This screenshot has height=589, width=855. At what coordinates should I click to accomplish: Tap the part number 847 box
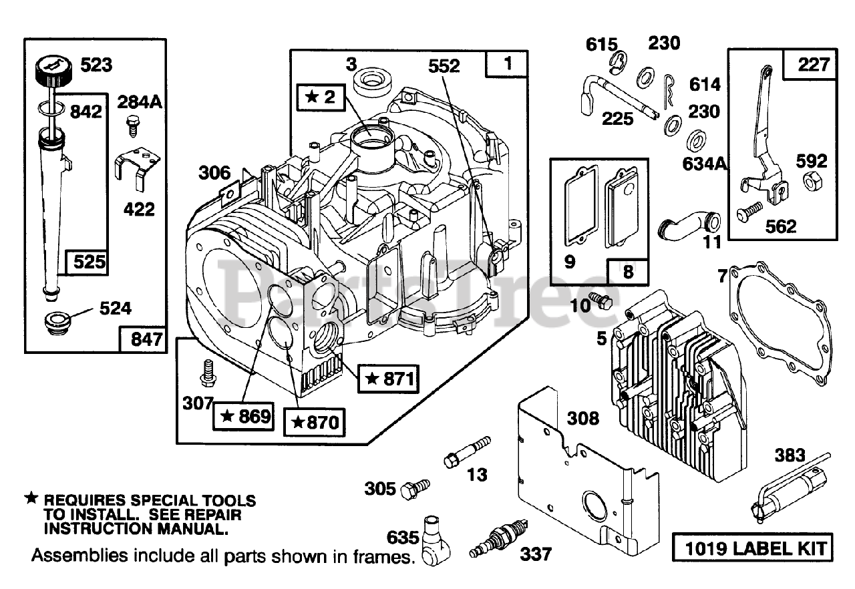click(142, 339)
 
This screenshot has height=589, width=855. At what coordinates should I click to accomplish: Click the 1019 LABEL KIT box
click(752, 549)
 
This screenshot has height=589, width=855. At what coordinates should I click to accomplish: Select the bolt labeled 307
click(209, 371)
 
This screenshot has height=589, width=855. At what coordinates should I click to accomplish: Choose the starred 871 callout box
click(387, 379)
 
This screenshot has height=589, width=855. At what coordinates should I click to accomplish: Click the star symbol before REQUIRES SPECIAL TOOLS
click(31, 499)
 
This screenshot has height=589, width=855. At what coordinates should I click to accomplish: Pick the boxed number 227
click(814, 65)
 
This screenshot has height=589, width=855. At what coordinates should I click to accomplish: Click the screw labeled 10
click(601, 302)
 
